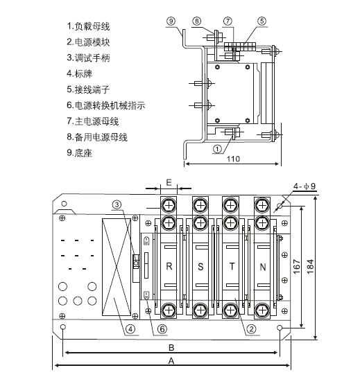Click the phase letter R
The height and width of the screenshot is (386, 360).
[x=169, y=266]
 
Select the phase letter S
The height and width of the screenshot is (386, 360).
[x=200, y=267]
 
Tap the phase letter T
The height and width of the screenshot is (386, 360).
[x=232, y=266]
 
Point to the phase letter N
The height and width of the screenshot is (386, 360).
[x=263, y=267]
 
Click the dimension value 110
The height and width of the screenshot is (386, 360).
[x=233, y=159]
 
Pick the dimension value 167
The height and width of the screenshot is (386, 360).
[x=297, y=266]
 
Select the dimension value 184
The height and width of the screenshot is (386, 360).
[x=310, y=266]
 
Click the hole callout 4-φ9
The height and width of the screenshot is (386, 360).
[x=305, y=186]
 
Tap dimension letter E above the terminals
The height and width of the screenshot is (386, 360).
[x=169, y=183]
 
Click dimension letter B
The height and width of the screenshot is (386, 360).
[x=171, y=348]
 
